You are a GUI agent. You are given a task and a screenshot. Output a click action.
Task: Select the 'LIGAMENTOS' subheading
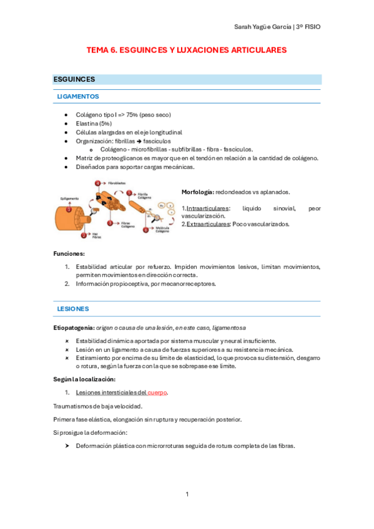click(x=77, y=97)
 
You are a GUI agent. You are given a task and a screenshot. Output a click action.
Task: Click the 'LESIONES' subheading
click(x=72, y=309)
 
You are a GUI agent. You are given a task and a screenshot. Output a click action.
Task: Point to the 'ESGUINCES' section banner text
click(x=74, y=80)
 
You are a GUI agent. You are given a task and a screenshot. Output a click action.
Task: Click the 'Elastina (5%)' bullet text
click(x=94, y=124)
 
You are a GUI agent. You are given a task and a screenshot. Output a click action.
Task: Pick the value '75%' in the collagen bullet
click(x=132, y=115)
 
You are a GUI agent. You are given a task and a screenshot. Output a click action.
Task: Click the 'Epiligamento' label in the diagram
click(x=69, y=198)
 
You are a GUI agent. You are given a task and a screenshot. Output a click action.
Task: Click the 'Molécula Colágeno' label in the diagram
click(x=162, y=230)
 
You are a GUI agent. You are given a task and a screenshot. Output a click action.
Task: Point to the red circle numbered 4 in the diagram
click(x=98, y=183)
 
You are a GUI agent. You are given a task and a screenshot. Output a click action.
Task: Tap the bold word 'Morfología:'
click(x=197, y=192)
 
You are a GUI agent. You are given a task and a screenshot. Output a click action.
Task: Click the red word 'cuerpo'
click(x=157, y=392)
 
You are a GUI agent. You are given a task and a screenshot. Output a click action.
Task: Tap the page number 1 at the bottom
click(x=187, y=495)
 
